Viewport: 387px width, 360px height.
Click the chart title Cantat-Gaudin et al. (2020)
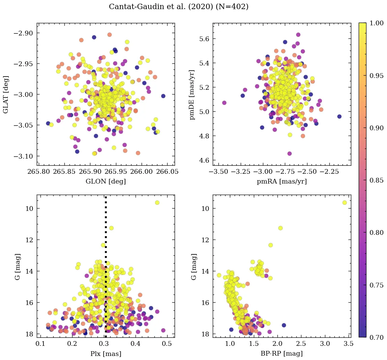coord(179,7)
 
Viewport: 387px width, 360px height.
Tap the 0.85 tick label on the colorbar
coord(376,180)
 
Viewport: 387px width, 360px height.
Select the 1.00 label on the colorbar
coord(376,23)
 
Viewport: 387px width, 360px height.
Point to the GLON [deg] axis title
coord(106,182)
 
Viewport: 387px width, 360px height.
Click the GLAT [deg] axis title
coord(6,94)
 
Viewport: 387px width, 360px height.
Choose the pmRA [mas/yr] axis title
coord(281,182)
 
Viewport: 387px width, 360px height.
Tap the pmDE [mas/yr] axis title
coord(192,94)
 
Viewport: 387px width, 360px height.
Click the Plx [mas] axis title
coord(106,354)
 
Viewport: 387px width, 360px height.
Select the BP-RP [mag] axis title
coord(281,354)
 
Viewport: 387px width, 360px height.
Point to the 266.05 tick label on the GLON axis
coord(167,172)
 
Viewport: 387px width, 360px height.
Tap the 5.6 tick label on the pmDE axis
coord(202,39)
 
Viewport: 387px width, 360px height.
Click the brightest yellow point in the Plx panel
coord(157,202)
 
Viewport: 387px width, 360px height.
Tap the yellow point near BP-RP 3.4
coord(345,202)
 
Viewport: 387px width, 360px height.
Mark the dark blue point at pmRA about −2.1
coord(339,116)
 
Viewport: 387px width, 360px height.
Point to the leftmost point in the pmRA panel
coord(224,103)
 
